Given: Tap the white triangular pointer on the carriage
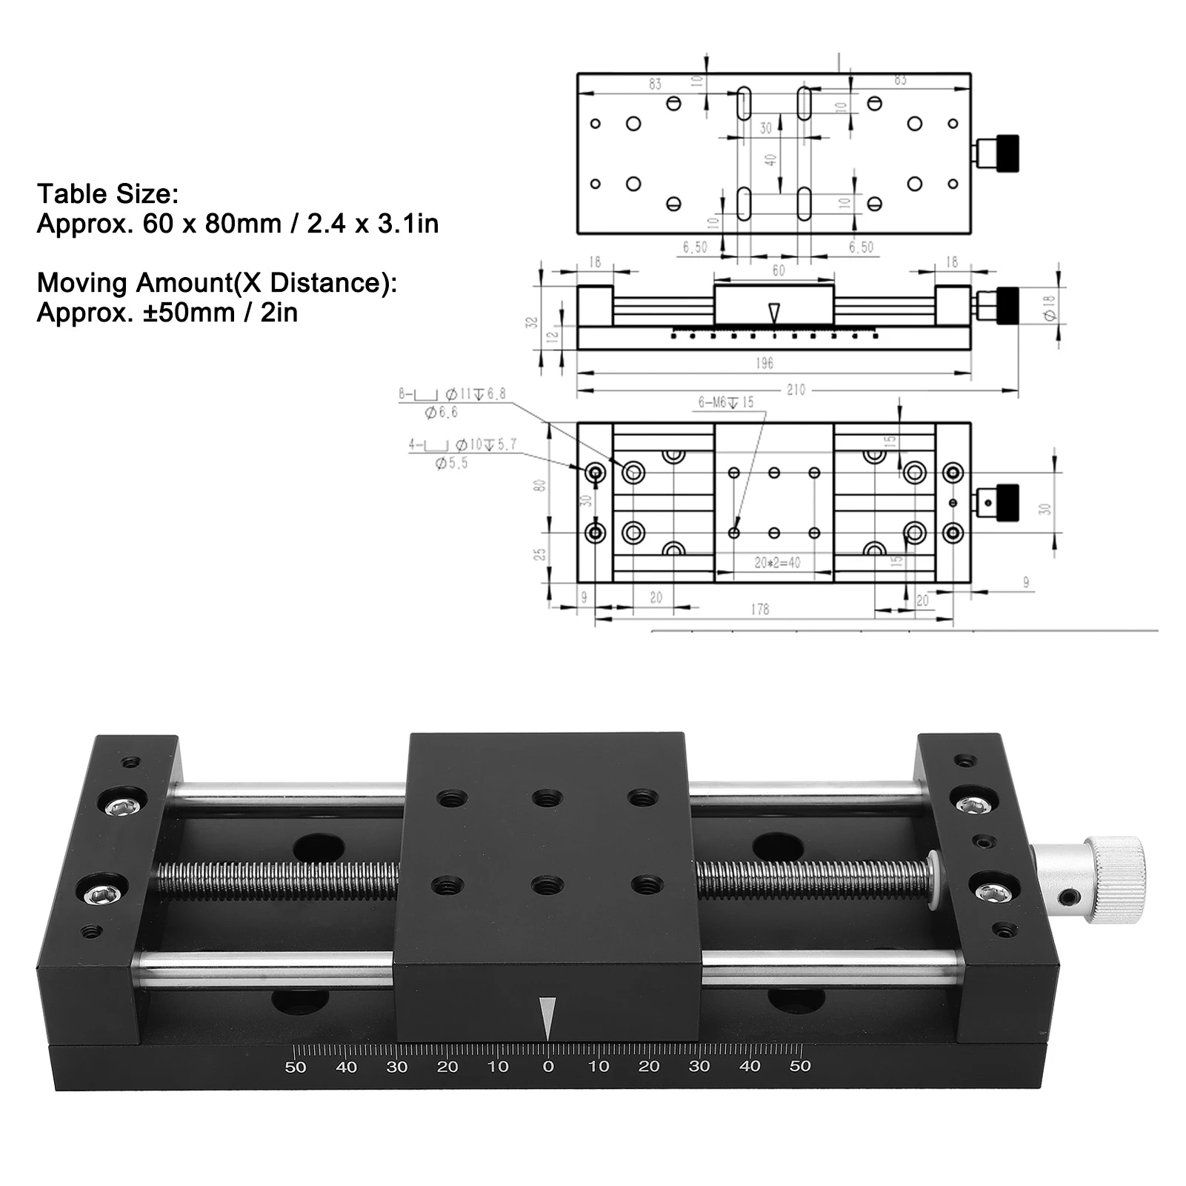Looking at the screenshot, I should pos(547,1019).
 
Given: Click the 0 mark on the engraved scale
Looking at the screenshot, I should pos(548,1067).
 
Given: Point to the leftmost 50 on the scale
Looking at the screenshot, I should pos(296,1067).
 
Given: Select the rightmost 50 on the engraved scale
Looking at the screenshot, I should pos(800,1066).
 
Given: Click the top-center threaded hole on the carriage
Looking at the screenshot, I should pos(547,799).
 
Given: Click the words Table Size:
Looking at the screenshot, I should pos(108,194).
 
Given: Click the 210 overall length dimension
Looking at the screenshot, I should pos(796,390).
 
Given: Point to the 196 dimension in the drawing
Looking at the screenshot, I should pos(764,363).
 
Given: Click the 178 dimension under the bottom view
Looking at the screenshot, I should pos(759,609).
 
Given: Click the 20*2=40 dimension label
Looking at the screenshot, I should pos(777,563).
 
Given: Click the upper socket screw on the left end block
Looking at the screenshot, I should pos(121,805).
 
